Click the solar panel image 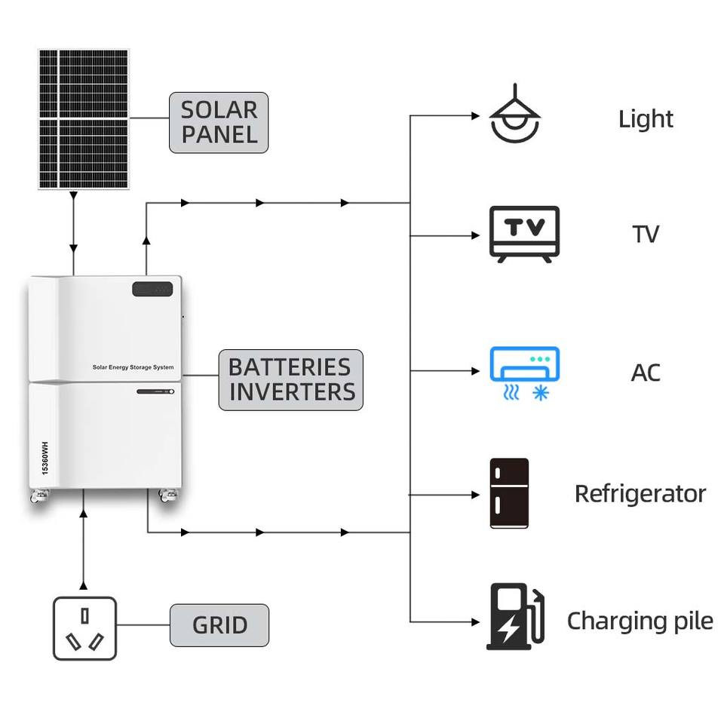[84, 118]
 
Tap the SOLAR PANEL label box [219, 122]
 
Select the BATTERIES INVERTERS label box [291, 380]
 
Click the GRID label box [219, 625]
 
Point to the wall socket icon [84, 628]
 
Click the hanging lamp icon [515, 113]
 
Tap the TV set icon [525, 235]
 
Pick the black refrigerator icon [509, 493]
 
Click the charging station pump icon [516, 616]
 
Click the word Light [646, 119]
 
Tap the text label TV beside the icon [646, 234]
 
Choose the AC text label [646, 373]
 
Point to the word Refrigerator [640, 494]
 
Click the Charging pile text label [640, 621]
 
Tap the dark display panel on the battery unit [152, 289]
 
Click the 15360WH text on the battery [44, 458]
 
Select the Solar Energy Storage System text [133, 367]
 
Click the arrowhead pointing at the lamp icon [476, 115]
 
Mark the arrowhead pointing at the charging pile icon [476, 622]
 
